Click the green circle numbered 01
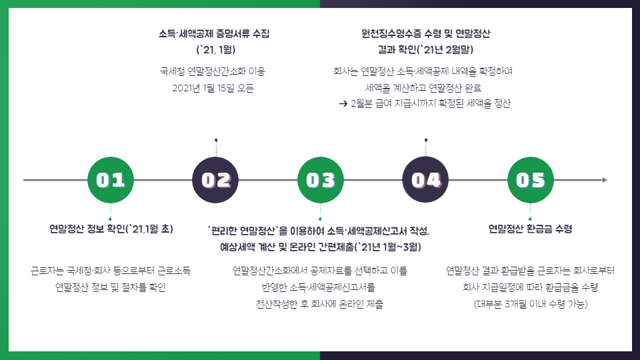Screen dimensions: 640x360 coord(111,180)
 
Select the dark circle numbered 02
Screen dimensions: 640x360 coord(215,180)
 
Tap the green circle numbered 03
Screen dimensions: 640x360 coord(321,180)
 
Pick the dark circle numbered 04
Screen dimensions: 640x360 coord(426,180)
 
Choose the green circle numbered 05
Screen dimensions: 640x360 coord(531,180)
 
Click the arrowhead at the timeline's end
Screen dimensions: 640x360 coord(604,180)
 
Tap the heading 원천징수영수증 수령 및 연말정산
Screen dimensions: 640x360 coord(425,33)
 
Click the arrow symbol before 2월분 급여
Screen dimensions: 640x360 coord(343,104)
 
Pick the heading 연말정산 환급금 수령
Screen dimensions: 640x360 coord(530,229)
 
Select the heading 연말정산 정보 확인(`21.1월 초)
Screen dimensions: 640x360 coord(111,229)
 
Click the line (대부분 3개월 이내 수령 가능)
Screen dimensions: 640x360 coord(530,304)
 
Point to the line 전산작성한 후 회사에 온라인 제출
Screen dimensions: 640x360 coord(320,304)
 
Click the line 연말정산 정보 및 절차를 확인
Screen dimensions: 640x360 coord(111,287)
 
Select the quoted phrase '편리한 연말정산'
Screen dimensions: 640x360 coord(243,231)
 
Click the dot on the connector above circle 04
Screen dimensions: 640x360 coord(426,140)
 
